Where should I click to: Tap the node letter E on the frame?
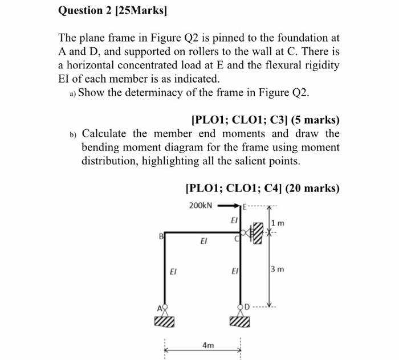[245, 207]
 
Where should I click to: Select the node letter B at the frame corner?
[161, 235]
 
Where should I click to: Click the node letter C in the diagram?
[237, 242]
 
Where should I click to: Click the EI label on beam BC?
[203, 242]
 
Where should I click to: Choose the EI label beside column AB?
[173, 272]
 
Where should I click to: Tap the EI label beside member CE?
[234, 219]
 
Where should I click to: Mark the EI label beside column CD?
[234, 272]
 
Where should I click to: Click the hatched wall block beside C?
[260, 232]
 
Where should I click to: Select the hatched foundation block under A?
[163, 323]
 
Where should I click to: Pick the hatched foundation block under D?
[241, 323]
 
